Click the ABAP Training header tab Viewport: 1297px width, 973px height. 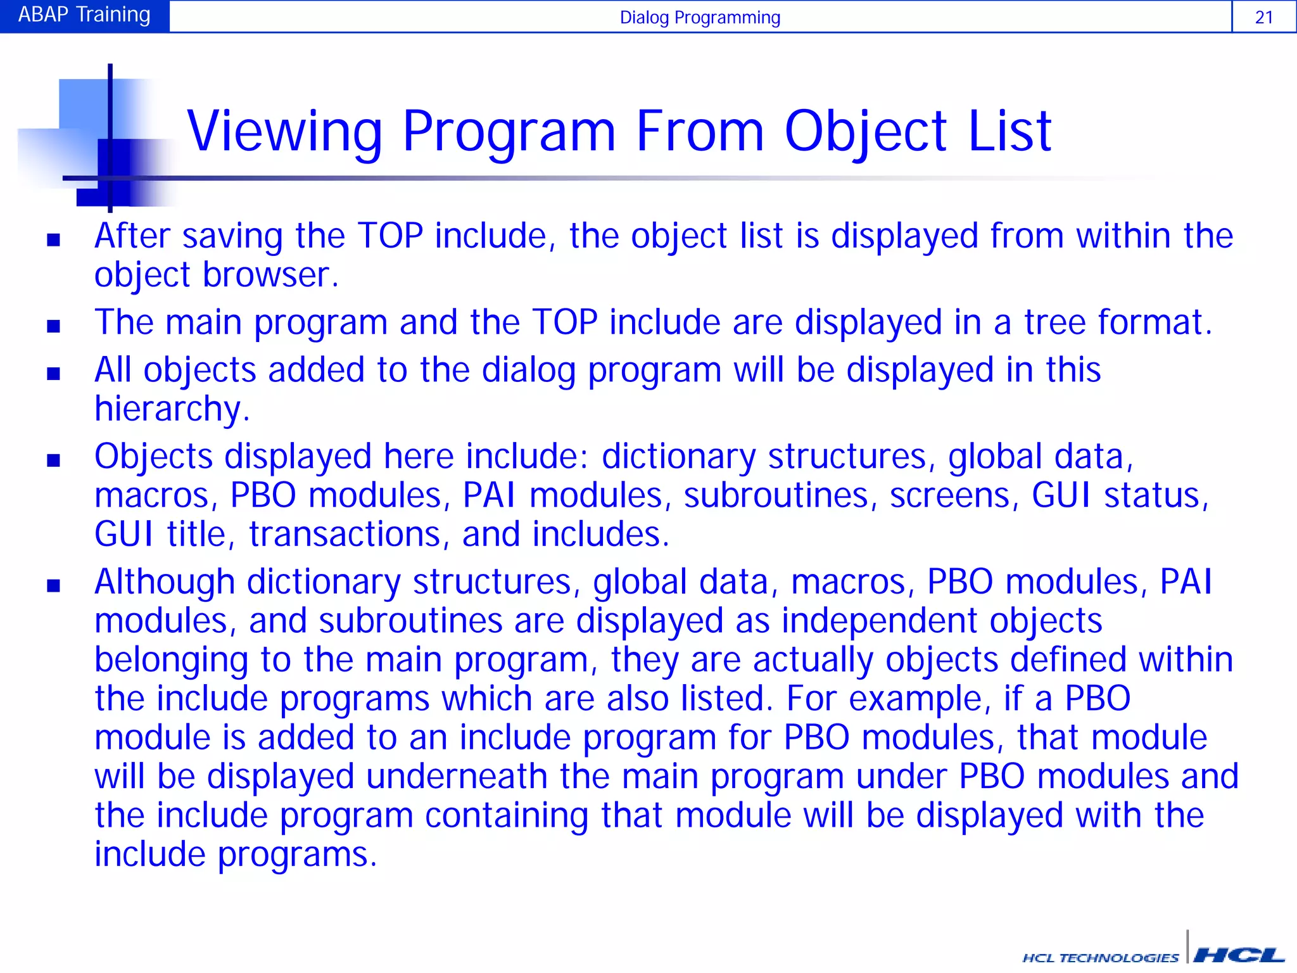[84, 15]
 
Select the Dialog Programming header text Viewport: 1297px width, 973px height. [700, 17]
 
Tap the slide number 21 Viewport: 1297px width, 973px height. [1263, 17]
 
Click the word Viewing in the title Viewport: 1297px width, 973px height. [285, 132]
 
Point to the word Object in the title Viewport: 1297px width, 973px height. [866, 132]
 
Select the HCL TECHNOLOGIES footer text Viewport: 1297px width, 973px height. [1101, 958]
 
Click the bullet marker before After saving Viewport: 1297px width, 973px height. [53, 239]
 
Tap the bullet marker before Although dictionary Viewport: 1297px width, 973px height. [53, 585]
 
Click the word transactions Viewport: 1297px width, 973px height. [345, 535]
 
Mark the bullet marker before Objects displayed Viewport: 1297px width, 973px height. [53, 461]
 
